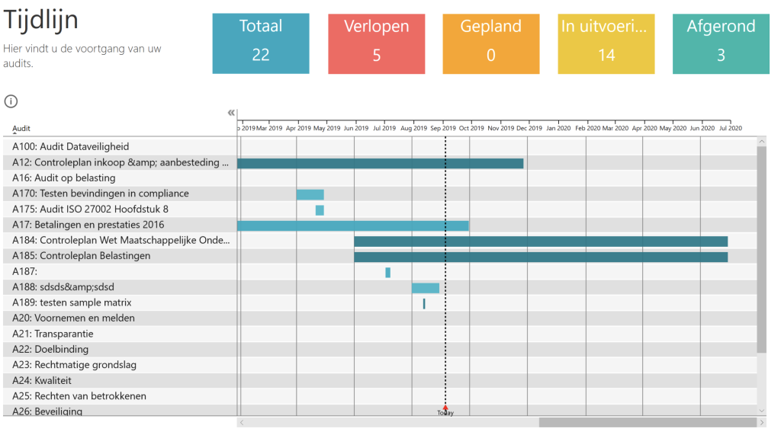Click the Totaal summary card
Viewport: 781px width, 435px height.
click(261, 43)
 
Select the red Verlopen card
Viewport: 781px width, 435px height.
click(376, 43)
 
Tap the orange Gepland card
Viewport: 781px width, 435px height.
click(490, 43)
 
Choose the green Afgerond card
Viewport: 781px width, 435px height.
click(721, 43)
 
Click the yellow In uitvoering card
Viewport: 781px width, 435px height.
click(606, 43)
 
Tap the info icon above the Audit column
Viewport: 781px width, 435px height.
click(11, 101)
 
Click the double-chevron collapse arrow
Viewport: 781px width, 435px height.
click(231, 113)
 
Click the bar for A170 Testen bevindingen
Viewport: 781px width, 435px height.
click(310, 194)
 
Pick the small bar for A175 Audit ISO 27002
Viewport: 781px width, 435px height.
click(320, 210)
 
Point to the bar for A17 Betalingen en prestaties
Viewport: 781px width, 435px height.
click(352, 225)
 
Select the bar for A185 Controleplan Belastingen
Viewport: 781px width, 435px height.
click(540, 257)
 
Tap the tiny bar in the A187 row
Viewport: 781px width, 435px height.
click(387, 273)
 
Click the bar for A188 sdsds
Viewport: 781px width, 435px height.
click(426, 288)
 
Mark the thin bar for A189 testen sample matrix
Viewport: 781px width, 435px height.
click(424, 303)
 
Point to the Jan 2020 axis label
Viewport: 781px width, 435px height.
click(558, 128)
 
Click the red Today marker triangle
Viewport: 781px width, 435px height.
click(445, 408)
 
